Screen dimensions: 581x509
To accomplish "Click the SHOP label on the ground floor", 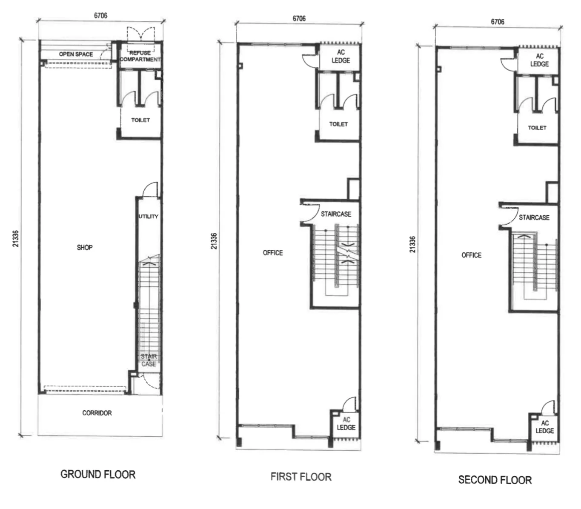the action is tap(85, 247).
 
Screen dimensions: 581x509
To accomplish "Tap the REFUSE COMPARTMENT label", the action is tap(140, 56).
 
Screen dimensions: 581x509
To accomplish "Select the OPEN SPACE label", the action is tap(76, 54).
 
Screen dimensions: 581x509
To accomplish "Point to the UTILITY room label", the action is tap(148, 216).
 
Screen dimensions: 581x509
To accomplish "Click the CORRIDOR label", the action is tap(97, 413).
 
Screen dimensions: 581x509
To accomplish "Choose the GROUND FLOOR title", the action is tap(98, 474).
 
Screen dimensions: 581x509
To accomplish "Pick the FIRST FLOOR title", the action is tap(301, 477).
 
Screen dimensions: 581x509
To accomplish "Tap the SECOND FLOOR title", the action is tap(495, 480).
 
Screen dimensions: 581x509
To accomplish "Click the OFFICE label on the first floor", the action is tap(273, 253).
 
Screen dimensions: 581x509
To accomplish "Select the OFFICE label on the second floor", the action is tap(472, 255).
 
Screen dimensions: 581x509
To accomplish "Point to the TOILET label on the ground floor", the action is tap(140, 120).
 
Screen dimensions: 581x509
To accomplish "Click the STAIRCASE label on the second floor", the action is tap(534, 217).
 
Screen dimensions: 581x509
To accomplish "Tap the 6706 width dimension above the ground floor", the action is tap(100, 15).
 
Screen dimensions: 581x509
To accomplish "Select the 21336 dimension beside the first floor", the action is tap(214, 241).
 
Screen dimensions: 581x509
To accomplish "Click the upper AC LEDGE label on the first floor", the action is tap(341, 56).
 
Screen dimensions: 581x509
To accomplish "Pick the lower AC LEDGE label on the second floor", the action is tap(544, 427).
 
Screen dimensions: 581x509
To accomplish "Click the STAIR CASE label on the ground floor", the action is tap(149, 360).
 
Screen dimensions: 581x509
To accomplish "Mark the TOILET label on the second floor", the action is tap(537, 128).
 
